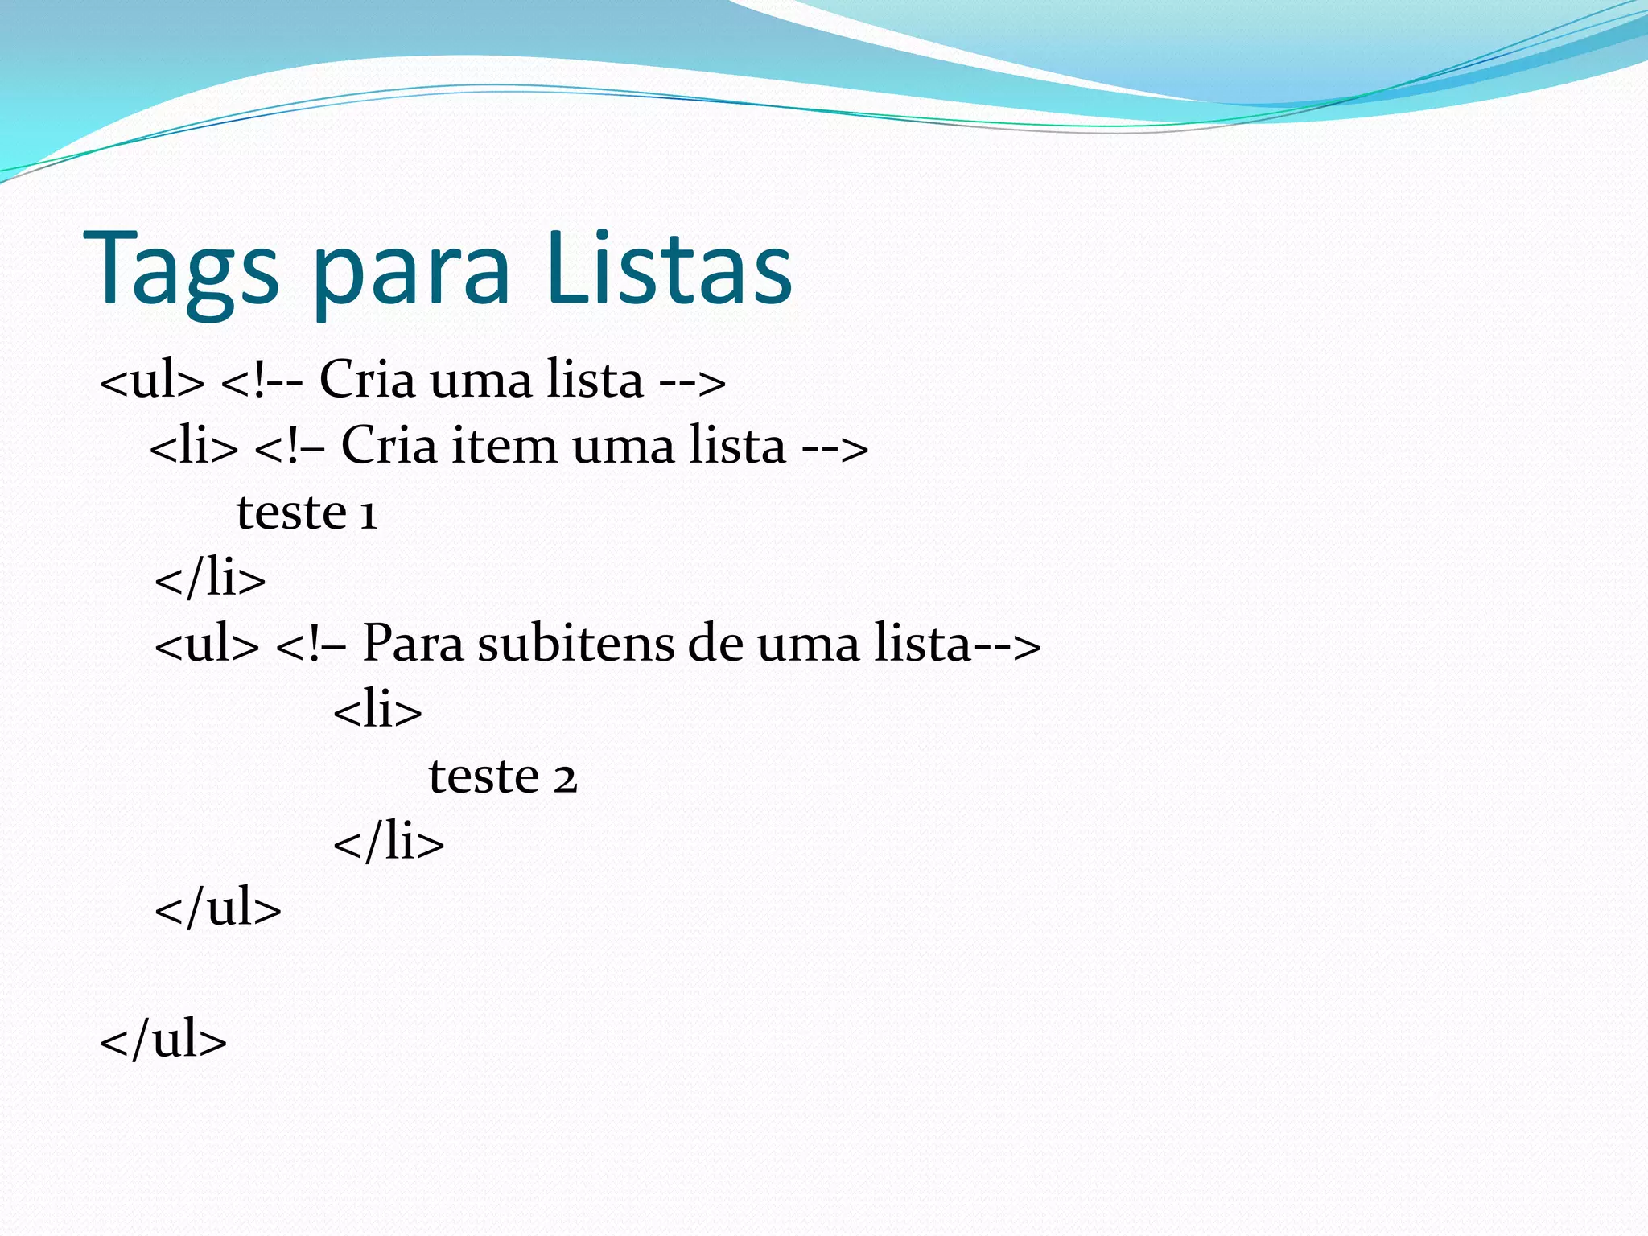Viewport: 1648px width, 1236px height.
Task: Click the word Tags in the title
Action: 181,269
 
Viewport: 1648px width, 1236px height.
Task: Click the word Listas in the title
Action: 669,267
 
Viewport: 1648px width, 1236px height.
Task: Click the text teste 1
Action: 307,512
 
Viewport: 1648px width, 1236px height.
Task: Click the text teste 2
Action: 503,776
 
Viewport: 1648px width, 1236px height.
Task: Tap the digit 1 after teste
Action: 368,514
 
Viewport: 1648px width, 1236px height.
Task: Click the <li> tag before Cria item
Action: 195,446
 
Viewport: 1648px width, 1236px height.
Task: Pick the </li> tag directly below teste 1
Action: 210,578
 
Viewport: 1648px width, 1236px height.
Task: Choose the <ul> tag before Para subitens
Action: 207,644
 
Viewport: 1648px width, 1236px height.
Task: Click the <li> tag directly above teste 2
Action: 377,710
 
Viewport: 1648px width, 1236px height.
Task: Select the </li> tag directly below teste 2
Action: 389,842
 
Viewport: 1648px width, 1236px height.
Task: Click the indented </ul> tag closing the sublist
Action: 218,908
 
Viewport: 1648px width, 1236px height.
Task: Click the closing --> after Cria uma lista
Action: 692,381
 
